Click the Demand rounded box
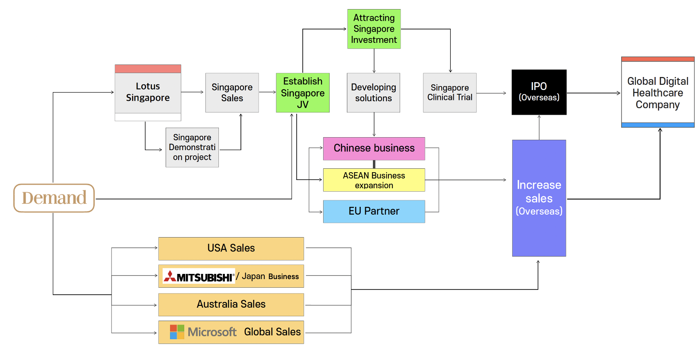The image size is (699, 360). [54, 198]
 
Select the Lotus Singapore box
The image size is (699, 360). [148, 93]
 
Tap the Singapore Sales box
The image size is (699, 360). [232, 93]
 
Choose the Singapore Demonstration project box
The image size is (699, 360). [192, 148]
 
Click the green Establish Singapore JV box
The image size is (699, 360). [303, 93]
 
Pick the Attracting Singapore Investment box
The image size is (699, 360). [374, 29]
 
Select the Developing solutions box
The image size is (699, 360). [373, 93]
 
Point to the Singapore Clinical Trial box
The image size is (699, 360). [450, 93]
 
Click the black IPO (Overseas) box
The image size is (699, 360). [539, 92]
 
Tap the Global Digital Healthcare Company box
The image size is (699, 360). [657, 93]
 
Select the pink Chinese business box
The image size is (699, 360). [374, 148]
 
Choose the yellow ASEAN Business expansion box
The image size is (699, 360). [374, 180]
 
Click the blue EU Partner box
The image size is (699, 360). [374, 211]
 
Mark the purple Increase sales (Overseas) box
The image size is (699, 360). [539, 198]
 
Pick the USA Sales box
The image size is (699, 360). [231, 248]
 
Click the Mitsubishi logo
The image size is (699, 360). [199, 276]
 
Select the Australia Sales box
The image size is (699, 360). [231, 305]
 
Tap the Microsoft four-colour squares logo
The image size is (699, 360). [177, 332]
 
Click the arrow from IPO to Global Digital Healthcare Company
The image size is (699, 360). [593, 93]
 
